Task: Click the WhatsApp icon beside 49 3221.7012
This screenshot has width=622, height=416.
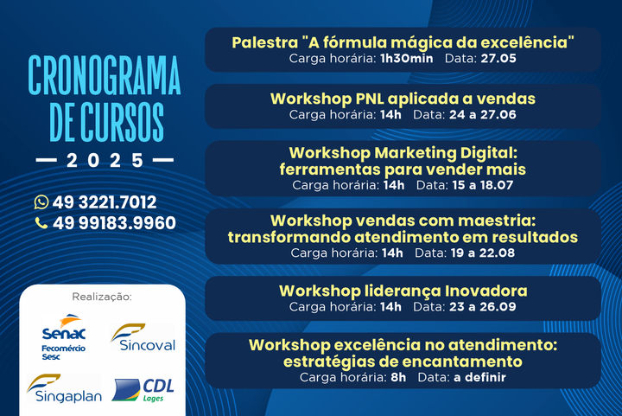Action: pos(41,202)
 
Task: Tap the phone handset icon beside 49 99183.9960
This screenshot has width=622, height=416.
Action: pos(41,222)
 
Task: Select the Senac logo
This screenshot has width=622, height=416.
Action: pos(63,336)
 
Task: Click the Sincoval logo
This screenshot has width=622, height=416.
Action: pos(143,337)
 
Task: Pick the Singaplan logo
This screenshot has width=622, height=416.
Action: pos(64,388)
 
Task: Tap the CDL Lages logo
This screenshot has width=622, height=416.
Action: pos(143,390)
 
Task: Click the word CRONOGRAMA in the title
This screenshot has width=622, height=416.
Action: pos(105,75)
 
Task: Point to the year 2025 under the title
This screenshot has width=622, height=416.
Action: pos(105,160)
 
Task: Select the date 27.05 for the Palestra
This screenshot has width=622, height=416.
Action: pos(498,58)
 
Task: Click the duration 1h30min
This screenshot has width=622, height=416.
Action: pos(407,58)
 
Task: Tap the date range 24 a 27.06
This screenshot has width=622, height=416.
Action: pos(482,115)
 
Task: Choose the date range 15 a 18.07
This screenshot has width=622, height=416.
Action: pos(482,185)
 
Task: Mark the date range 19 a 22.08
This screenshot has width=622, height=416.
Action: pos(482,253)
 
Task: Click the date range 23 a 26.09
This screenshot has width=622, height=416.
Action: pos(482,306)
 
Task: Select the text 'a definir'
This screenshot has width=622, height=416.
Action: pos(479,377)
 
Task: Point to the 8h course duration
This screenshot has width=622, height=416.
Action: pos(398,377)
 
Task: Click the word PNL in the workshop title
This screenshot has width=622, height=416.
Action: pos(370,99)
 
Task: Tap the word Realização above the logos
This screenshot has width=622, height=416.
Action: pos(102,297)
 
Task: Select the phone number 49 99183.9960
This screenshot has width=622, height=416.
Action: pos(114,222)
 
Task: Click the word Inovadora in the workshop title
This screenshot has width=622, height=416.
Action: pos(486,291)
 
